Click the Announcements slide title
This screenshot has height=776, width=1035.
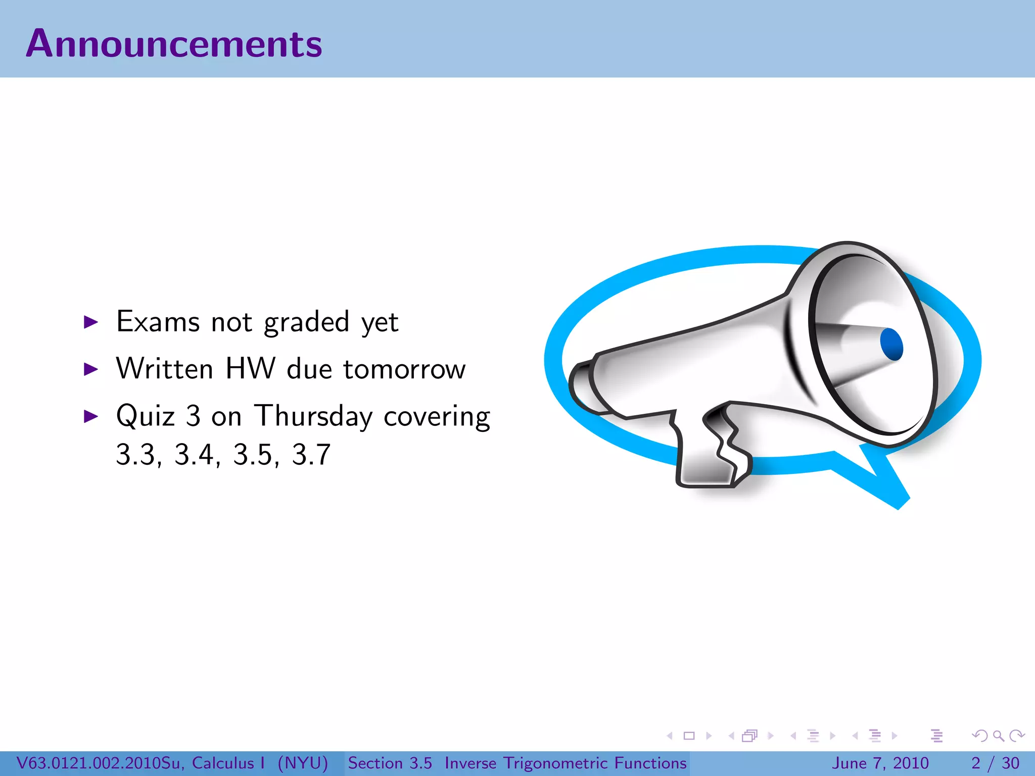coord(174,44)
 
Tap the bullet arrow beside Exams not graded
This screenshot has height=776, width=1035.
coord(90,322)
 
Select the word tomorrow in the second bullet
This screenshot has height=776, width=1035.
coord(404,369)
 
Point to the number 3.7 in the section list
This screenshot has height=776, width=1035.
coord(311,454)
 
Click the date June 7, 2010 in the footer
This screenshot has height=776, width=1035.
coord(880,763)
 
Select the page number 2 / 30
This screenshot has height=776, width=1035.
coord(995,763)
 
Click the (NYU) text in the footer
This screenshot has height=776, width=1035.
coord(303,763)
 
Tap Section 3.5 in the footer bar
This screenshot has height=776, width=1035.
coord(390,763)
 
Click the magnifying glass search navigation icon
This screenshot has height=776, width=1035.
coord(998,736)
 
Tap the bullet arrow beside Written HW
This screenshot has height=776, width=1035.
coord(90,369)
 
